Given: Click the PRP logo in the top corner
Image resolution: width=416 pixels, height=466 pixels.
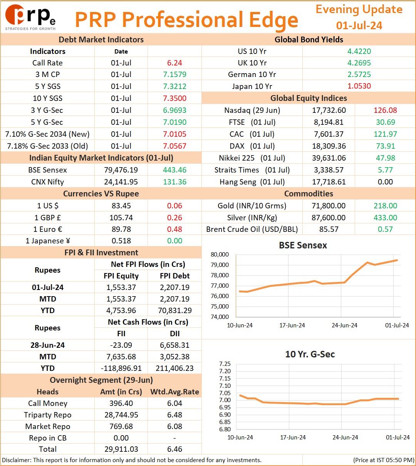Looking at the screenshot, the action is (x=30, y=17).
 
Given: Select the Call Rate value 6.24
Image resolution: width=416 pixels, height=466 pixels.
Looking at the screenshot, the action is (x=174, y=63).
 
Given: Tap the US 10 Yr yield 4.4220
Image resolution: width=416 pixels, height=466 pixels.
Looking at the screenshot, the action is (x=359, y=51).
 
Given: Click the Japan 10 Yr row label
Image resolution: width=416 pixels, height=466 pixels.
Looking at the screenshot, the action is (x=252, y=86).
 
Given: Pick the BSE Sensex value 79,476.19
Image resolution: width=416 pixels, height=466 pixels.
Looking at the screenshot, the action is (x=121, y=170).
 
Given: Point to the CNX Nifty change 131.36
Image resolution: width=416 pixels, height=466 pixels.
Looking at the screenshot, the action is (x=174, y=182).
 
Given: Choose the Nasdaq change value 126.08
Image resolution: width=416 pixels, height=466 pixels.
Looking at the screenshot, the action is (x=385, y=110).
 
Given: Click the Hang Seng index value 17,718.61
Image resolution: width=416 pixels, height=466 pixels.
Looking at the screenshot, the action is (x=329, y=182).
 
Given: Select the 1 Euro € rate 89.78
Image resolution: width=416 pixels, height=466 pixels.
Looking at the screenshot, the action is (x=121, y=229).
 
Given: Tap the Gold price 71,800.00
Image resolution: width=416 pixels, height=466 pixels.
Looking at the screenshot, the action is (x=329, y=206).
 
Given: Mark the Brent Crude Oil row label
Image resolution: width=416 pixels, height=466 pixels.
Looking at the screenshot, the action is (x=252, y=229).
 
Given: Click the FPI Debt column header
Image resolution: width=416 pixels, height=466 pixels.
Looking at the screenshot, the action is (x=174, y=276).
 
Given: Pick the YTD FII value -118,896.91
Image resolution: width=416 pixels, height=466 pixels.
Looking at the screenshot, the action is (x=121, y=368).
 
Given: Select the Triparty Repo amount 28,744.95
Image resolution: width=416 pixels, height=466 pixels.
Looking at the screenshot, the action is (x=121, y=415).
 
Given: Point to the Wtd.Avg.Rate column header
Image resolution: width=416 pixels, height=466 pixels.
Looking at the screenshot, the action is (x=174, y=392).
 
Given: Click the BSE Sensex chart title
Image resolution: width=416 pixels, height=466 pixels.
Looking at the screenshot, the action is (x=303, y=245).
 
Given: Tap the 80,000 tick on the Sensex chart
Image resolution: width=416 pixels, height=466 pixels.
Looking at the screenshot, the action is (x=220, y=255).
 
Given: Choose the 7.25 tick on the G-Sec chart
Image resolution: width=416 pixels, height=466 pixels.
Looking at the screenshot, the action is (x=225, y=364).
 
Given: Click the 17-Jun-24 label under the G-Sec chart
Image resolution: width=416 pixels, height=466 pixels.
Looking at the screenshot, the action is (x=293, y=437).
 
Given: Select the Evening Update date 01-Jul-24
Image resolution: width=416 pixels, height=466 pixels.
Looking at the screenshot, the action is (x=359, y=25).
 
